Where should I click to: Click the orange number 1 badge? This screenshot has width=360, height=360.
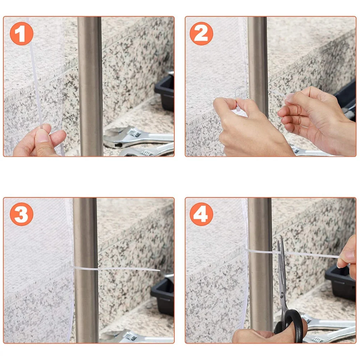coord(22,33)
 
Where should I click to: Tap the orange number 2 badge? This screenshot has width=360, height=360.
coord(201,33)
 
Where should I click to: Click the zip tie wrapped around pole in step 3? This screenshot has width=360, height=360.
coord(86,268)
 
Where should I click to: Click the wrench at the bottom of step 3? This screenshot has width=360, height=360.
coord(140,338)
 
